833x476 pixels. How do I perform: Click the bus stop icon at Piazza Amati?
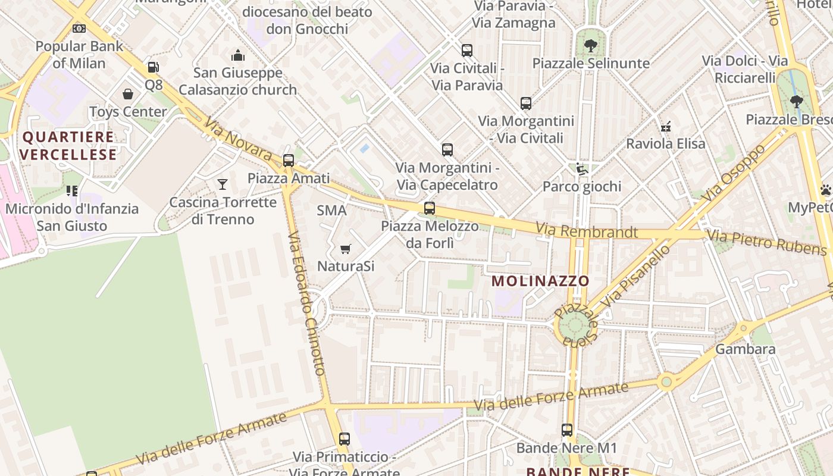click(x=289, y=160)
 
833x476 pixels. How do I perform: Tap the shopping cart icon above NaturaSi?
click(x=345, y=249)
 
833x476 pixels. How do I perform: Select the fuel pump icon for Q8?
click(x=154, y=67)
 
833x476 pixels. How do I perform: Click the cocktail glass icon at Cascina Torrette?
click(x=223, y=184)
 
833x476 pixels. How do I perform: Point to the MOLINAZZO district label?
click(x=540, y=281)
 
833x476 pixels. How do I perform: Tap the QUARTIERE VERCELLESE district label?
click(x=68, y=146)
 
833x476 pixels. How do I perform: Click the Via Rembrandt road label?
click(x=586, y=231)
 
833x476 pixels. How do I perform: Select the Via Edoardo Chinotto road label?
click(x=306, y=303)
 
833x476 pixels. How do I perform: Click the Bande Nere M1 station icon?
click(x=567, y=430)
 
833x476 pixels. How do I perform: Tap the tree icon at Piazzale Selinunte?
click(x=590, y=45)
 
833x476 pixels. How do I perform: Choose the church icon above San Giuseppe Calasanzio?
click(x=238, y=55)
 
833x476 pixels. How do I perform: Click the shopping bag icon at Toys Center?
click(x=128, y=94)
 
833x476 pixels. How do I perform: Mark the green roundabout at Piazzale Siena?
click(x=575, y=325)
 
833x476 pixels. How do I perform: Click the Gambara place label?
click(x=745, y=349)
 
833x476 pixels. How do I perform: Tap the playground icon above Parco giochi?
click(x=581, y=169)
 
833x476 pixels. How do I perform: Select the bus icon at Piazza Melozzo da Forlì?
click(x=430, y=208)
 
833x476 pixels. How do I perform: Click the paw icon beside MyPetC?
click(x=826, y=190)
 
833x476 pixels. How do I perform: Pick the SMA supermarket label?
click(x=331, y=210)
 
